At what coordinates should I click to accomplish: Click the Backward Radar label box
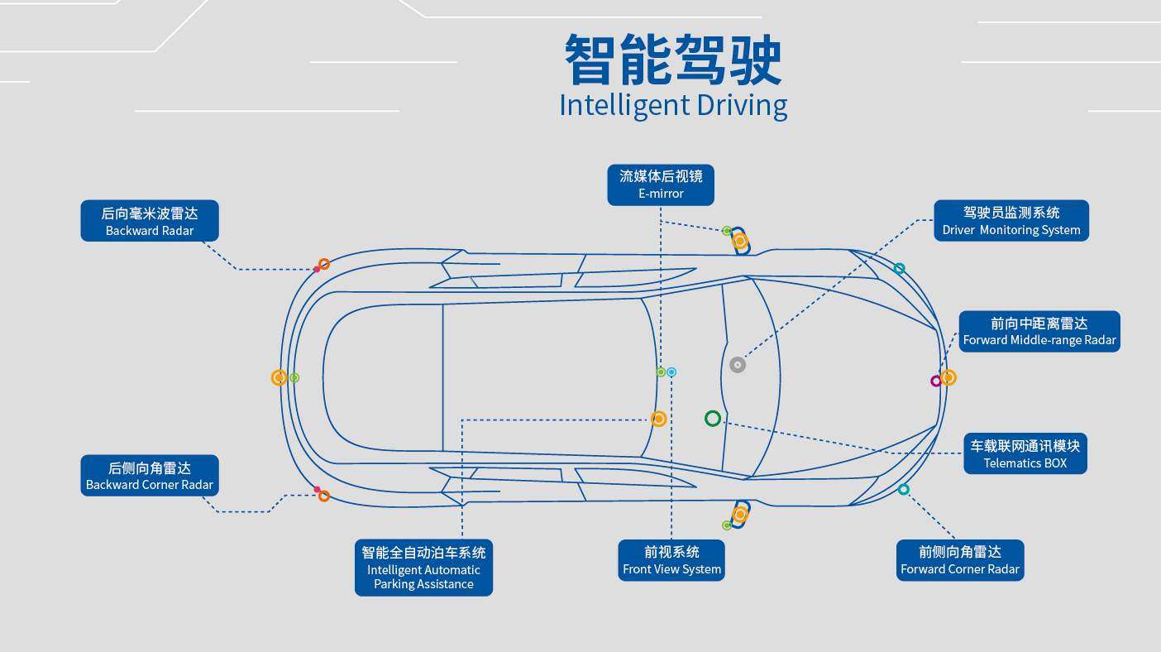150,221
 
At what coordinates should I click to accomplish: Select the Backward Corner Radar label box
150,476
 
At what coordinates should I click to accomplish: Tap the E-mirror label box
661,185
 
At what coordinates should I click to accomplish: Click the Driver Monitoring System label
1011,221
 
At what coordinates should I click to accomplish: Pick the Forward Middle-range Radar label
1039,331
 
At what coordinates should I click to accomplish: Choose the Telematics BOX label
1025,453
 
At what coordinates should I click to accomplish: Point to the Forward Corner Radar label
960,560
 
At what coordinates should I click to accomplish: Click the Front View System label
671,560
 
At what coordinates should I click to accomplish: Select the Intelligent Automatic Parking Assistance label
423,568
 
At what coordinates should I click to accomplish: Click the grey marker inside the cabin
738,365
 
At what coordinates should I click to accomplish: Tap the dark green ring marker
713,419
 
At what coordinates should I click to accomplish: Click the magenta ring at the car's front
936,381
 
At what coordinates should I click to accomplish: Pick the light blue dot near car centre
671,372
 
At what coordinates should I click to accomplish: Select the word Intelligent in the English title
624,105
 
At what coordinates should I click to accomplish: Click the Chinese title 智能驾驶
672,60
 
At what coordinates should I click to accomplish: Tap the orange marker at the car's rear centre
279,377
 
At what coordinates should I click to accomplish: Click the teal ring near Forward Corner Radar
904,490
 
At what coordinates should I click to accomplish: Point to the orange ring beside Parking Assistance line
659,419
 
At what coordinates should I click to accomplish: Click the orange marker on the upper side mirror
740,241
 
